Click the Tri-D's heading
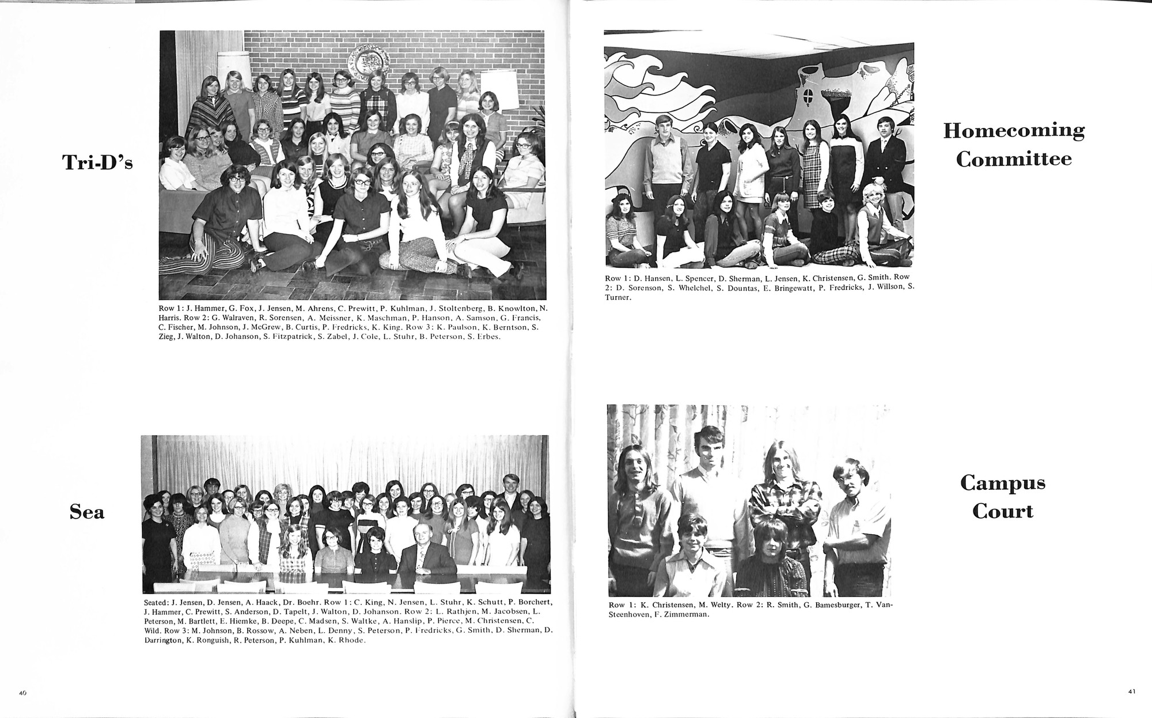point(97,163)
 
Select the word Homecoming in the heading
point(1013,131)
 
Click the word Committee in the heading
point(1013,159)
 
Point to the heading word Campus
point(1002,483)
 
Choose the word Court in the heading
point(1003,511)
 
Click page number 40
point(22,693)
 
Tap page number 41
point(1131,692)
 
